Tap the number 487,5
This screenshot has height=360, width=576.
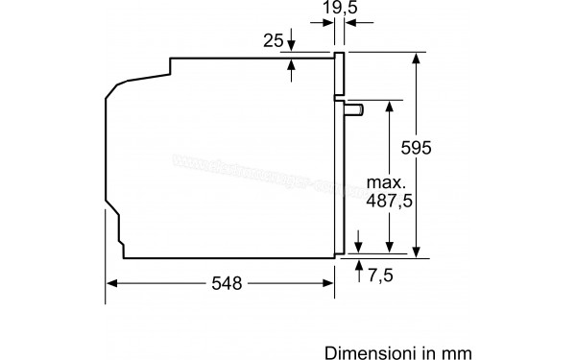point(387,201)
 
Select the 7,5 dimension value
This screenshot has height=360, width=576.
point(381,276)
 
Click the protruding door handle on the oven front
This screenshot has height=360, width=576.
point(354,111)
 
